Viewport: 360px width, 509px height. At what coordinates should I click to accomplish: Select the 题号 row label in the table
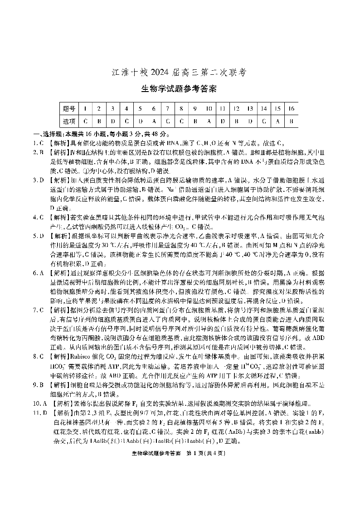click(69, 109)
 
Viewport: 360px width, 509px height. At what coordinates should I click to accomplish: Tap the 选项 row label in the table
click(69, 121)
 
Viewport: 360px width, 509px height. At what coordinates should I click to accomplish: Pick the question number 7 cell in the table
click(168, 109)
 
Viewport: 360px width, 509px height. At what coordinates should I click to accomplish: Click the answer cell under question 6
click(154, 121)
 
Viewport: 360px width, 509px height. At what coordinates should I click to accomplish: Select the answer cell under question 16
click(292, 121)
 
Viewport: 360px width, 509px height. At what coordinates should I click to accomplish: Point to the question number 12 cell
click(236, 109)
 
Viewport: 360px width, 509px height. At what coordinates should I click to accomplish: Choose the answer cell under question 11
click(223, 121)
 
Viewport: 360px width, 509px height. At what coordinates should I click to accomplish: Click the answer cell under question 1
click(85, 121)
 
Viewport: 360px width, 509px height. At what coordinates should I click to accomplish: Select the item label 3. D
click(38, 180)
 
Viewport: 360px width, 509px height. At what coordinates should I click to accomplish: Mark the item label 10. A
click(39, 402)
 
